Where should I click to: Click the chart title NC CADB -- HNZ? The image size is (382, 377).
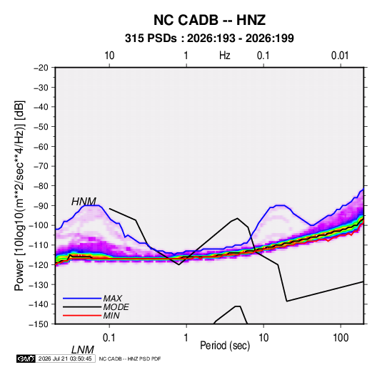point(209,20)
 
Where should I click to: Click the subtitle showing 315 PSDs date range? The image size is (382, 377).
point(209,38)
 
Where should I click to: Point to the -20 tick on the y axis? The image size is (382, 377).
point(41,68)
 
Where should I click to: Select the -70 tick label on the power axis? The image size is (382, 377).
point(41,166)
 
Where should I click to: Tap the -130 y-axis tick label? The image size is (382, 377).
point(39,284)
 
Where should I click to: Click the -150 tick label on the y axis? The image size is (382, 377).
point(39,324)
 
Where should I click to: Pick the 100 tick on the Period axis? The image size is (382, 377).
point(341,338)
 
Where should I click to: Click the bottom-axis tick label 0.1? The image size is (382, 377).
point(109,338)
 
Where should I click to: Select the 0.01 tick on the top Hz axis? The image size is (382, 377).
point(340,56)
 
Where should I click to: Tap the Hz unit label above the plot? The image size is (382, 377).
point(225,56)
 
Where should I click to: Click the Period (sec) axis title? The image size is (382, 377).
point(225,346)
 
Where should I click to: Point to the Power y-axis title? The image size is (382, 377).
point(19,195)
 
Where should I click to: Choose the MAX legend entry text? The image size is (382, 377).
point(113,299)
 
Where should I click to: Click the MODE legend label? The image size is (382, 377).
point(116,307)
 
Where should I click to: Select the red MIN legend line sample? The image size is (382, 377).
point(82,316)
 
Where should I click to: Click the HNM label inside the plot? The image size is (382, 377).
point(84,202)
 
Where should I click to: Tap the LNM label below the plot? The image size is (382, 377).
point(82,350)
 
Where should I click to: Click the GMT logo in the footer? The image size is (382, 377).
point(26,358)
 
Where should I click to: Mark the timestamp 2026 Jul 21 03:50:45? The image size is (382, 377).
point(65,358)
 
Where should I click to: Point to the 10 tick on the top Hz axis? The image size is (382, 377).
point(109,56)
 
